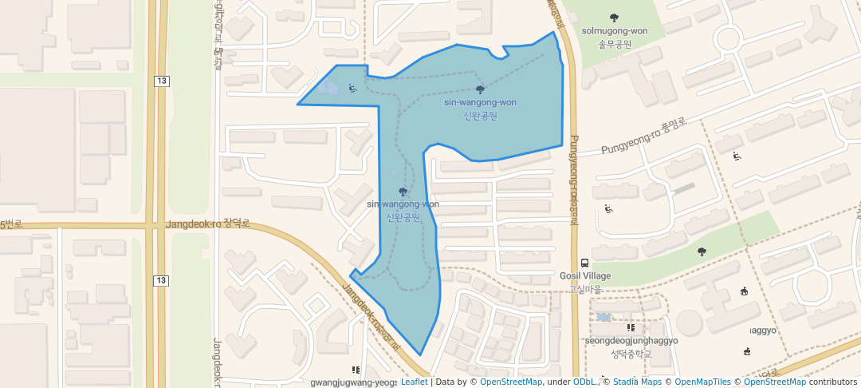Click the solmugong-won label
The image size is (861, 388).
coord(614,31)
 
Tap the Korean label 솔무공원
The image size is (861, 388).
coord(615,44)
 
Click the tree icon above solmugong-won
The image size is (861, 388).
coord(614,18)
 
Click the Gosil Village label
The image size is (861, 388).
coord(585,276)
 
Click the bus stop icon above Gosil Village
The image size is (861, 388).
coord(585,263)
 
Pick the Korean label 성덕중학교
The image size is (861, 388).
coord(631,353)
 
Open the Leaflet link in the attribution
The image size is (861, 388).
coord(414,382)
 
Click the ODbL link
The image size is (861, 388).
coord(585,382)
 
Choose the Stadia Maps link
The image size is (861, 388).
coord(638,382)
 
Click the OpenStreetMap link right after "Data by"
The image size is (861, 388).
coord(511,382)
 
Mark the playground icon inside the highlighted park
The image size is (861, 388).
coord(352,88)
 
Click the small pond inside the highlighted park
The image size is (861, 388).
coord(328,88)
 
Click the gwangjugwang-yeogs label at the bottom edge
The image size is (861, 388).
coord(353,382)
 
